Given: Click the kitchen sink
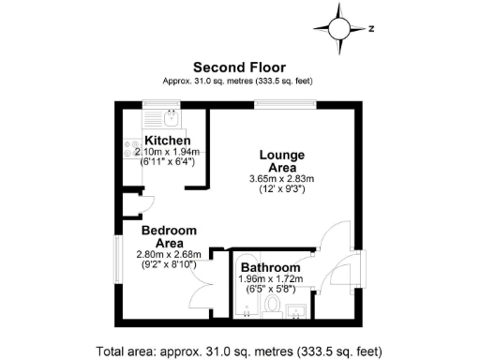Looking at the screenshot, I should (x=170, y=118).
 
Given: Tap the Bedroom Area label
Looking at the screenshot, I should (x=169, y=236).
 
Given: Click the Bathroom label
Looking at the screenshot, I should (x=272, y=268).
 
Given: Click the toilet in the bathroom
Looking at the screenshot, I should (x=272, y=305).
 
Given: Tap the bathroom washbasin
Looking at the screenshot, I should (x=297, y=308).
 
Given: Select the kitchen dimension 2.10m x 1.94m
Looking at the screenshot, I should (x=159, y=151).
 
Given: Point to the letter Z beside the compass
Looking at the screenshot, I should (x=371, y=28).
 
